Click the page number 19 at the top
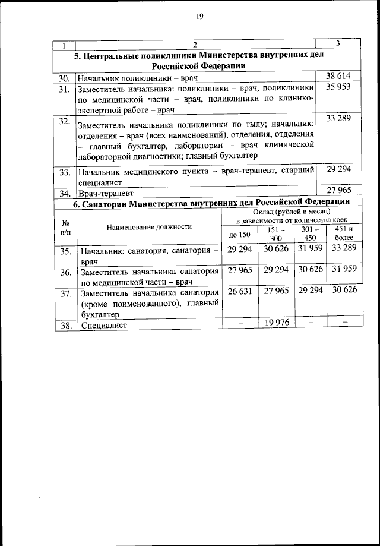click(199, 17)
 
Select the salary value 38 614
click(338, 77)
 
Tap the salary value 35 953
click(338, 87)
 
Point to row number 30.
click(64, 78)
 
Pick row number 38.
click(65, 326)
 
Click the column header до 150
click(240, 235)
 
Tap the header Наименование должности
click(149, 227)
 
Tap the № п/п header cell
click(65, 227)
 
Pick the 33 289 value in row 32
click(338, 119)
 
